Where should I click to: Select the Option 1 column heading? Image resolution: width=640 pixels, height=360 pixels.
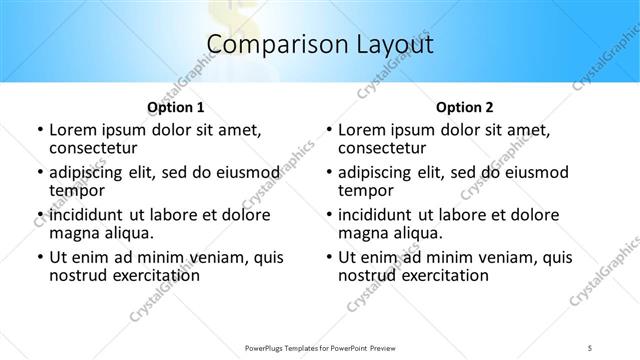[x=175, y=107]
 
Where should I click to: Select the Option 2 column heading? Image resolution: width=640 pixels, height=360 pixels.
[x=464, y=107]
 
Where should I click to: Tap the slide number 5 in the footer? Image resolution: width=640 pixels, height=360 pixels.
[x=591, y=346]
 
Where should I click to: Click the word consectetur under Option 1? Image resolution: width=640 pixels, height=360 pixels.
[x=92, y=148]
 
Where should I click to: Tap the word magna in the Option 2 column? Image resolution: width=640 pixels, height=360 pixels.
[x=362, y=233]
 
